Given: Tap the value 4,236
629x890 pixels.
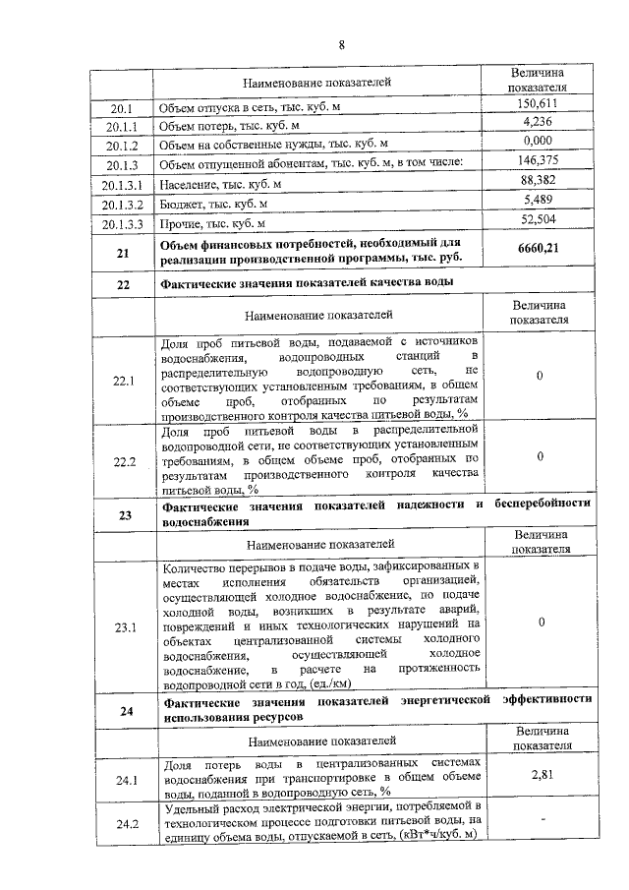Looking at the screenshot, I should click(538, 122).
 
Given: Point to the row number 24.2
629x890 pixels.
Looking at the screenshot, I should click(124, 824).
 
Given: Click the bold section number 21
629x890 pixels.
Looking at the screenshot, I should click(124, 253).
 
